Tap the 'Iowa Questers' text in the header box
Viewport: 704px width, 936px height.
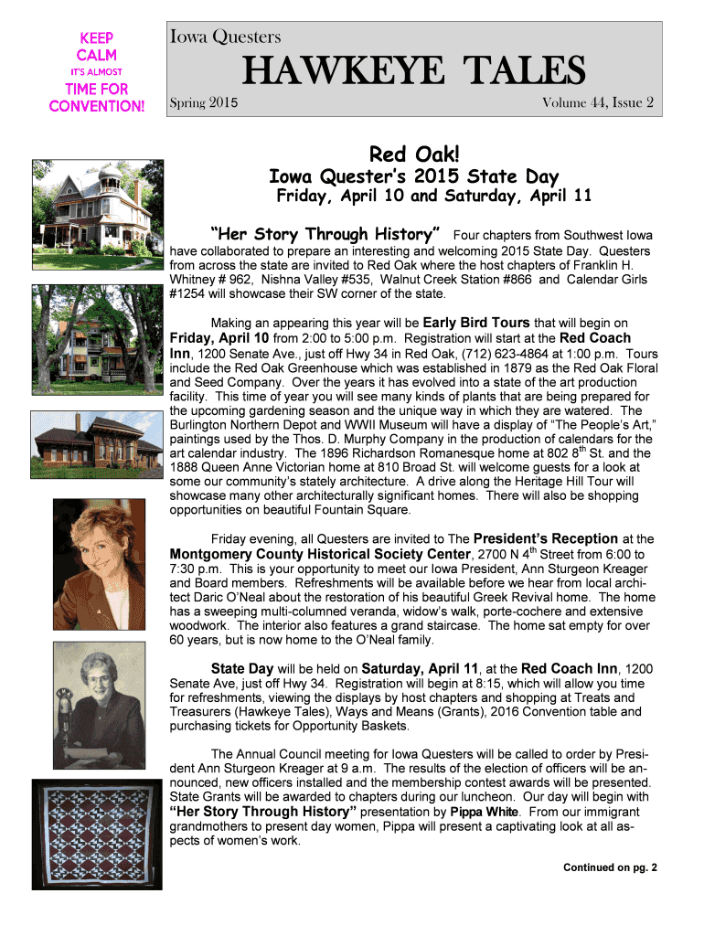click(225, 37)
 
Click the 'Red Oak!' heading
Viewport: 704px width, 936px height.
click(411, 151)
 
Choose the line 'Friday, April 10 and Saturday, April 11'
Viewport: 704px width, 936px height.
click(434, 197)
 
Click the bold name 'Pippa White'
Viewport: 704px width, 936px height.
click(496, 812)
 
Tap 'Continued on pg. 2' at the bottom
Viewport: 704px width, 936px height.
click(610, 867)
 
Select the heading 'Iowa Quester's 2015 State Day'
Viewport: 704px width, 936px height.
click(412, 176)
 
